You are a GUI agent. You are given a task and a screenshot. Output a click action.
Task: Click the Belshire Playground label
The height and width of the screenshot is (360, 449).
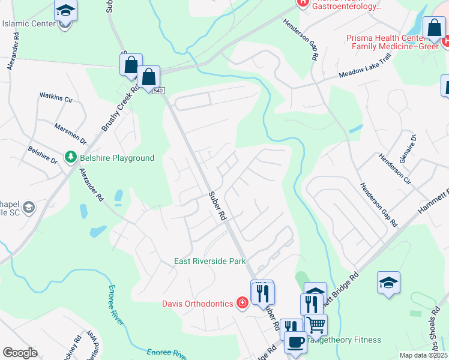pyautogui.click(x=117, y=158)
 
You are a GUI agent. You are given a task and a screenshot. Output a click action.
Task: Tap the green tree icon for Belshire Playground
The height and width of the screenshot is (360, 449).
pyautogui.click(x=71, y=157)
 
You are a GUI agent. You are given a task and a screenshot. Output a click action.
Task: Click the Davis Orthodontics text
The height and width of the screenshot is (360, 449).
pyautogui.click(x=197, y=304)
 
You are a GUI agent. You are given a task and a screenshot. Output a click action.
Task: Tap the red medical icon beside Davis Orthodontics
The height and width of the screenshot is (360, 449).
pyautogui.click(x=242, y=304)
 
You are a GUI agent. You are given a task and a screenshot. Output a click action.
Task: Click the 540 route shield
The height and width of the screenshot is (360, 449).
pyautogui.click(x=158, y=91)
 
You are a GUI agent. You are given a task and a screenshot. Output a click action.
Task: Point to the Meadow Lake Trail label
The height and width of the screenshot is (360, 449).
pyautogui.click(x=364, y=73)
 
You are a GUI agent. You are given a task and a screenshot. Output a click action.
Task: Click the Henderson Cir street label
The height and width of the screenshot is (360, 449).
pyautogui.click(x=394, y=169)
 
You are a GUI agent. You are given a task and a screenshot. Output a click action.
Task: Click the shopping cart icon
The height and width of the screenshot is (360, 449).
pyautogui.click(x=316, y=325)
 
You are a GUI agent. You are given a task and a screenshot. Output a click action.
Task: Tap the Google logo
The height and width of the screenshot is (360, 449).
pyautogui.click(x=20, y=353)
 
